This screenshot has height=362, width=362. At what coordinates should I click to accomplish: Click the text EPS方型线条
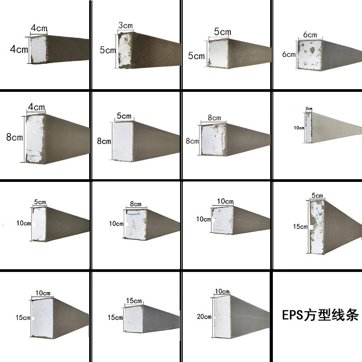click(x=320, y=314)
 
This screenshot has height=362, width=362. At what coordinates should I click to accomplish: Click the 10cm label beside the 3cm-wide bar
click(x=299, y=128)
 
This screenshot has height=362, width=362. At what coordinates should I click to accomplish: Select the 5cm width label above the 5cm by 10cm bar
click(x=40, y=202)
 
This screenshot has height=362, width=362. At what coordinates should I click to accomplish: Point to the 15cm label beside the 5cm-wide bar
click(x=300, y=227)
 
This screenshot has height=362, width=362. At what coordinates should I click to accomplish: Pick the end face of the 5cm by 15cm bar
click(x=317, y=226)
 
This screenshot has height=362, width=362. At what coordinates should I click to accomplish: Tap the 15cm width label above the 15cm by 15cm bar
click(x=134, y=301)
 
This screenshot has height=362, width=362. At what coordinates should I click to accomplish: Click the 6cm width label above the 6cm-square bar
click(x=310, y=35)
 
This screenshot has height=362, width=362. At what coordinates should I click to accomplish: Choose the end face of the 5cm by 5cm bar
click(x=218, y=53)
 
